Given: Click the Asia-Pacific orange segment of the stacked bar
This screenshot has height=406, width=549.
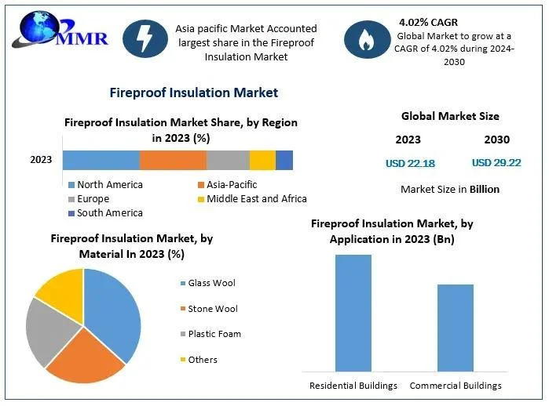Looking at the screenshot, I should point(173,160).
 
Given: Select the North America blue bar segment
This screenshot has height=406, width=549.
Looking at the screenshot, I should point(101,160).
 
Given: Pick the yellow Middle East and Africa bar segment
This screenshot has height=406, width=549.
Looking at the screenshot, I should point(262,160).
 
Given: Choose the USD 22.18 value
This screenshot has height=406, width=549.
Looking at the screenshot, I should point(410,163).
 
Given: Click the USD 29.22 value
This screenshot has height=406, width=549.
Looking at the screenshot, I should point(496,163).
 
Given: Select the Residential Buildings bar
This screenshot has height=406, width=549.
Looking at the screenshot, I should point(353,313).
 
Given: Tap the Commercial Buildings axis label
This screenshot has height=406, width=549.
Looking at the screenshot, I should point(456,385).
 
